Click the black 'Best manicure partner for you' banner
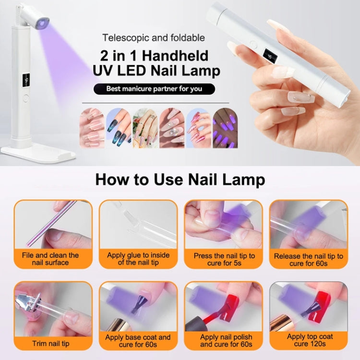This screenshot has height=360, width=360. coord(154,89)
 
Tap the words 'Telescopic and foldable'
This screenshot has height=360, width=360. coord(154,37)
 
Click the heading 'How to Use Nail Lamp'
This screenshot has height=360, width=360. coord(180,180)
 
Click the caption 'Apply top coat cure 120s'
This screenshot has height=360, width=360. coord(309,340)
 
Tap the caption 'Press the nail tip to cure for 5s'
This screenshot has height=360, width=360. coord(224,259)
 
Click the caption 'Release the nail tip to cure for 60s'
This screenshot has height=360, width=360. coord(309,259)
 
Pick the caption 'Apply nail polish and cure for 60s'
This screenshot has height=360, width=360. coord(224,341)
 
